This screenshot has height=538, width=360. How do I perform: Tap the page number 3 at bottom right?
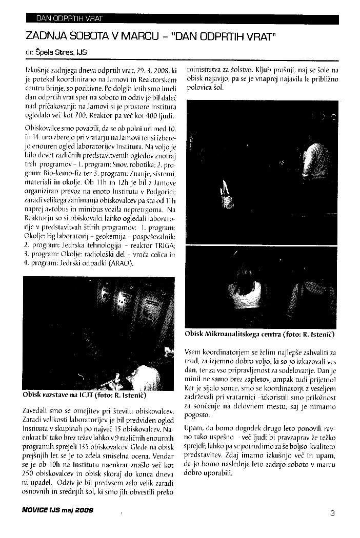[x=332, y=512]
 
